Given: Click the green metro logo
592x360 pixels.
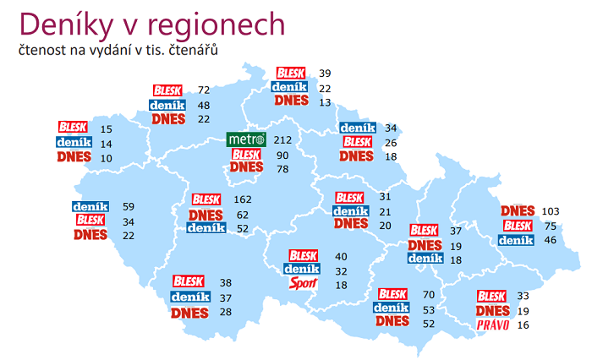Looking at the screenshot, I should (x=247, y=139).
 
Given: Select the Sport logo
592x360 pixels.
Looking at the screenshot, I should (x=303, y=284).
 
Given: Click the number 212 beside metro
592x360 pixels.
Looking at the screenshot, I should (x=282, y=139).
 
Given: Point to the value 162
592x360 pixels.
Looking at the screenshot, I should (x=242, y=200).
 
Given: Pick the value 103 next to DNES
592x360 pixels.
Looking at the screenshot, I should (x=551, y=210).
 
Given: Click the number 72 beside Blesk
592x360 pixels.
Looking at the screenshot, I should (x=203, y=90).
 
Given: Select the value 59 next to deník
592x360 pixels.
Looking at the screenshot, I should (x=129, y=205).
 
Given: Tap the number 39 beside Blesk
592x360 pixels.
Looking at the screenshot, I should (x=325, y=74).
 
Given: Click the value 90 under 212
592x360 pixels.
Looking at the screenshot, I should (x=282, y=155).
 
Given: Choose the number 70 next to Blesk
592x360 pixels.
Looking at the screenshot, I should (x=429, y=294).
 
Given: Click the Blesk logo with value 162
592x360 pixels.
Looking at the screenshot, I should (x=206, y=200).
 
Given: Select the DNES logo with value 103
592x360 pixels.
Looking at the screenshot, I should (x=518, y=210).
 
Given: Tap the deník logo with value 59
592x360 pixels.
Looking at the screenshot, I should (x=90, y=205).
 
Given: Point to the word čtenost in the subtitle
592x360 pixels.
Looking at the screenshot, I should (x=42, y=50).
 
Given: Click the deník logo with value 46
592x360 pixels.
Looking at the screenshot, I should (x=517, y=241).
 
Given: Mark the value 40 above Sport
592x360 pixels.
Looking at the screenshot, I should (x=341, y=256).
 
